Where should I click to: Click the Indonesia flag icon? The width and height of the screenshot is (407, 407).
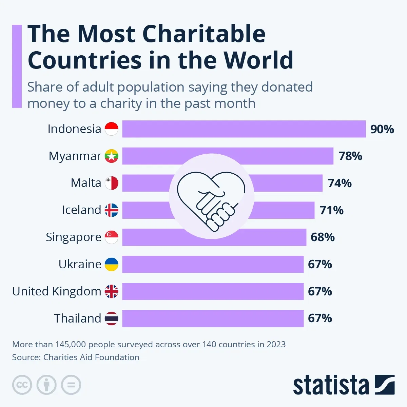[111, 129]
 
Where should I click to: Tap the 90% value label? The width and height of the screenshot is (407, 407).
[382, 129]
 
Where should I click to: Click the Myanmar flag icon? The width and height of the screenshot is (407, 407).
[111, 156]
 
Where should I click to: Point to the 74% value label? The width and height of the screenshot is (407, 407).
[340, 183]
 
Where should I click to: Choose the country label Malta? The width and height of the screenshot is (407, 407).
[86, 183]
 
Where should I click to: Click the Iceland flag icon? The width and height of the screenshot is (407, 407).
[111, 210]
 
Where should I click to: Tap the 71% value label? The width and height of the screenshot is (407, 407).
[331, 210]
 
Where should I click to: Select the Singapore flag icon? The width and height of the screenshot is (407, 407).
[111, 237]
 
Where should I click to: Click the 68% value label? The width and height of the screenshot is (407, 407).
[323, 237]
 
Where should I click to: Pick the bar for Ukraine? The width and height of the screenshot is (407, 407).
[213, 264]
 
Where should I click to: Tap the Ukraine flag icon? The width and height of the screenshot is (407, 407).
[111, 264]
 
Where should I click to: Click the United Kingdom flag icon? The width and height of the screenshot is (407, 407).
[111, 291]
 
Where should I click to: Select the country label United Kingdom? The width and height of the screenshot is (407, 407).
[57, 291]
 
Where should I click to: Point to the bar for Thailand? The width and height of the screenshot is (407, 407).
[213, 318]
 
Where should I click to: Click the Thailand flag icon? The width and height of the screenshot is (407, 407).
[111, 318]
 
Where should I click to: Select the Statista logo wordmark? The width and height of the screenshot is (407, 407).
[331, 385]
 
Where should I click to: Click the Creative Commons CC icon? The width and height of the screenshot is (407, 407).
[22, 385]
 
